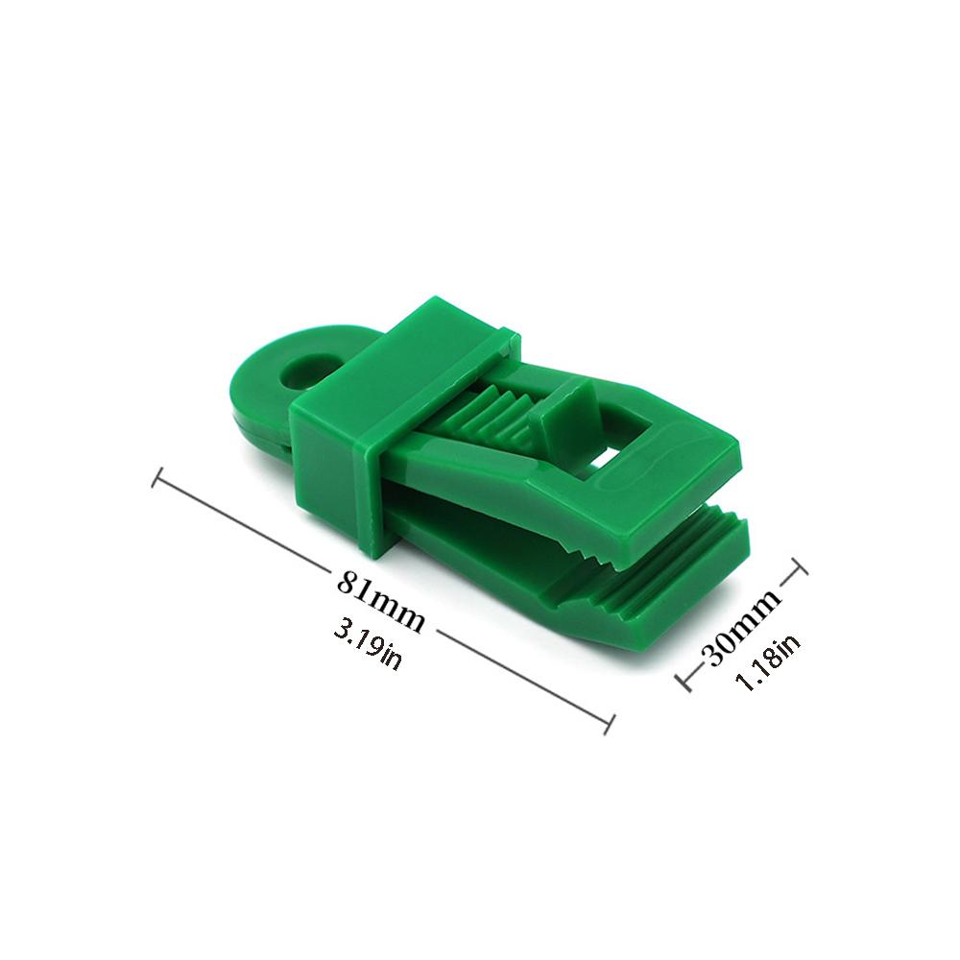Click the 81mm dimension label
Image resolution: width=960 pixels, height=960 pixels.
pyautogui.click(x=380, y=601)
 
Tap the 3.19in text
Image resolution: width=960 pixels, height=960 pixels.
pyautogui.click(x=368, y=644)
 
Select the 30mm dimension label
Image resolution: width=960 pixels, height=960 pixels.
pyautogui.click(x=745, y=626)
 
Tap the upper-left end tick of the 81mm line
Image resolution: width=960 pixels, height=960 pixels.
pyautogui.click(x=156, y=477)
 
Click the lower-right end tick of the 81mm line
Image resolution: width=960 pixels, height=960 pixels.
pyautogui.click(x=610, y=724)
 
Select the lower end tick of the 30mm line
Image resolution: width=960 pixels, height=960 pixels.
pyautogui.click(x=684, y=683)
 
